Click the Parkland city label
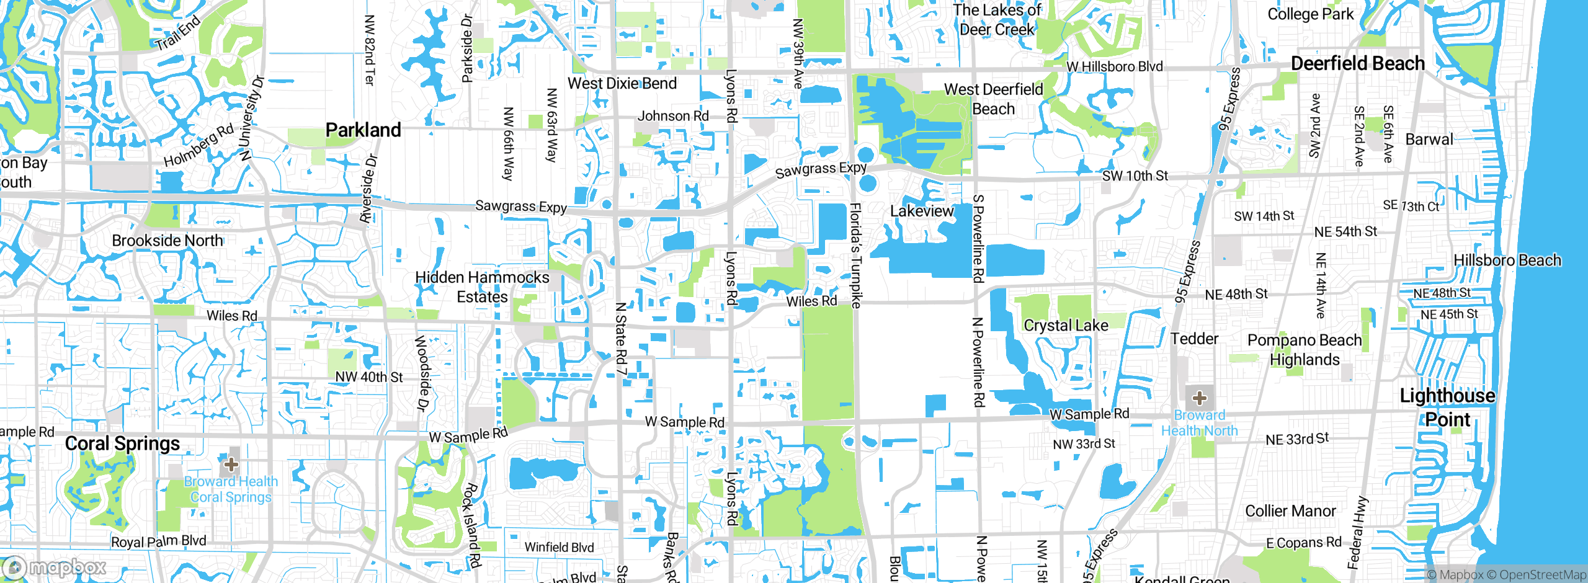[x=364, y=130]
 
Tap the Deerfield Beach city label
[x=1357, y=63]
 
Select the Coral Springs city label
[x=122, y=443]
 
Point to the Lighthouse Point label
[x=1447, y=407]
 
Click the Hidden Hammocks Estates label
[x=482, y=287]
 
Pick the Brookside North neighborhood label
[x=167, y=241]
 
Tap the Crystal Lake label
[x=1066, y=326]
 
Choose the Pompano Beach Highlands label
[x=1305, y=350]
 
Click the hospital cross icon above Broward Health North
[x=1199, y=398]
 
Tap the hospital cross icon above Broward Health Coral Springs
[x=231, y=464]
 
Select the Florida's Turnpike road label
[x=855, y=255]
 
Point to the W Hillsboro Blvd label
[x=1115, y=66]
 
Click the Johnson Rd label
[x=673, y=116]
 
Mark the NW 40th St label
[x=369, y=377]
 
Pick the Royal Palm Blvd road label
[x=159, y=541]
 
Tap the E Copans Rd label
[x=1304, y=543]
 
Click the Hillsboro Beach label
[x=1507, y=260]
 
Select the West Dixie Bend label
[x=622, y=84]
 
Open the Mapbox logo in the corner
[x=55, y=567]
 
